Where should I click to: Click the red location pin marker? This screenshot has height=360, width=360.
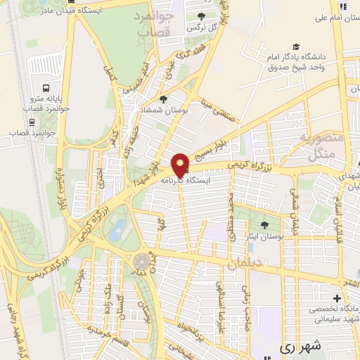(x=181, y=165)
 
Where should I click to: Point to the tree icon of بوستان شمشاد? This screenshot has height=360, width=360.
(x=164, y=99)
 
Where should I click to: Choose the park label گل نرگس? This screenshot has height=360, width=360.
(x=200, y=27)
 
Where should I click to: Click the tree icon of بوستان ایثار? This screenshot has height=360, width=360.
(x=264, y=225)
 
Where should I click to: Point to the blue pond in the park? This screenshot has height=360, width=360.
(x=118, y=229)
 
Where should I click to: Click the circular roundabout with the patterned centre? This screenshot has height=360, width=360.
(x=141, y=262)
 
